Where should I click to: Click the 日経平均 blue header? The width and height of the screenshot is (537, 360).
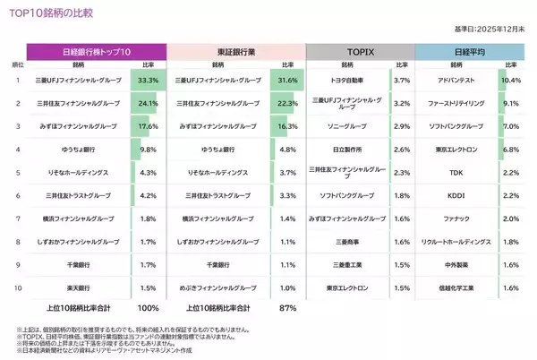point(472,51)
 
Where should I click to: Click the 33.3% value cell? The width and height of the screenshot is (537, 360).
point(149,80)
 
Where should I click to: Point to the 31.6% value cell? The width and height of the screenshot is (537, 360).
point(287,80)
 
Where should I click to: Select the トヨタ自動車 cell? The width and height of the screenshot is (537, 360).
point(346,80)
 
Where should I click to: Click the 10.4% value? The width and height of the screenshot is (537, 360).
point(511,80)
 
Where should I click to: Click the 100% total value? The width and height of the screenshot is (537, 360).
point(149,307)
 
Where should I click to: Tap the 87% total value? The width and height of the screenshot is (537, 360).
point(287,307)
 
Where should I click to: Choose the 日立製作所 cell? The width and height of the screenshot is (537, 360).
point(346,149)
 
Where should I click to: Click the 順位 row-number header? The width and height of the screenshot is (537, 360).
point(18,64)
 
